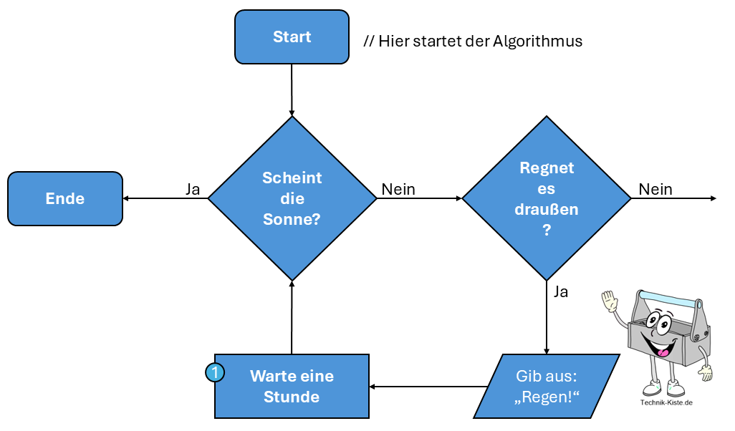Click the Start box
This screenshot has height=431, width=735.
292,37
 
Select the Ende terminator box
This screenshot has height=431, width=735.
65,198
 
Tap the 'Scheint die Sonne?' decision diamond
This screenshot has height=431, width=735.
292,198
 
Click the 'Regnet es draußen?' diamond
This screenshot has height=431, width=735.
547,198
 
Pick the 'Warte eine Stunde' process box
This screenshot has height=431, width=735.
292,386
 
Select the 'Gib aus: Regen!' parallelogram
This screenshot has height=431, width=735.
547,386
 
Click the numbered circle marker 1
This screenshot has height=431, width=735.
215,372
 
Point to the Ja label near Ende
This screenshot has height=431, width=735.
193,189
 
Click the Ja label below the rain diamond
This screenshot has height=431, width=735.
561,291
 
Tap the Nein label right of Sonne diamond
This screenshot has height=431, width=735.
398,189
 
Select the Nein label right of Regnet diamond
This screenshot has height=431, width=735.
655,189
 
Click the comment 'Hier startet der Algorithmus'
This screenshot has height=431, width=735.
473,41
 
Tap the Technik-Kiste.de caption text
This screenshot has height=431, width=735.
666,402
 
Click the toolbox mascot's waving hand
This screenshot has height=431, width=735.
610,301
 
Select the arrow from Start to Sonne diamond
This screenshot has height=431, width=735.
292,89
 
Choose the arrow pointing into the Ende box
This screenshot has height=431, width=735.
165,198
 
